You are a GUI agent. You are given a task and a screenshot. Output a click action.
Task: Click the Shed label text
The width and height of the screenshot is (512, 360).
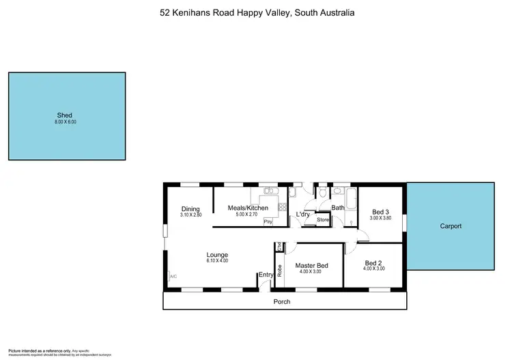pyautogui.click(x=65, y=115)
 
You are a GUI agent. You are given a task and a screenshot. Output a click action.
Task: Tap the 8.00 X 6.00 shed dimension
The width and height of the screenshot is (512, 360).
pyautogui.click(x=66, y=122)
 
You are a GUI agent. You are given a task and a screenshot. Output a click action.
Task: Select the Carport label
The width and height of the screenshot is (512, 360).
pyautogui.click(x=451, y=226)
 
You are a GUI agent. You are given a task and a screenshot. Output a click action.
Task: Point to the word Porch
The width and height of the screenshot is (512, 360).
pyautogui.click(x=282, y=301)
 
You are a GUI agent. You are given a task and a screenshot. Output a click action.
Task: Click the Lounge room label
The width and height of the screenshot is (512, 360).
pyautogui.click(x=217, y=254)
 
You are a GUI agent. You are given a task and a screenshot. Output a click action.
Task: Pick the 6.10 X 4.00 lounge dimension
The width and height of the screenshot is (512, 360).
pyautogui.click(x=217, y=260)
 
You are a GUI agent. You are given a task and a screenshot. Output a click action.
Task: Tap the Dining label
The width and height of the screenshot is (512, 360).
pyautogui.click(x=190, y=208)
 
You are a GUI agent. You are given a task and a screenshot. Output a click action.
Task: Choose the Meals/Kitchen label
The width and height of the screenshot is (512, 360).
pyautogui.click(x=248, y=208)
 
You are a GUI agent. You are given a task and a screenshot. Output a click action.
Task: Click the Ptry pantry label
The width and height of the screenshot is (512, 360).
pyautogui.click(x=268, y=222)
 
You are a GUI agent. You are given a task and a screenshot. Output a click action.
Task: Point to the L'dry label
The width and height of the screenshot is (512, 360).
pyautogui.click(x=302, y=214)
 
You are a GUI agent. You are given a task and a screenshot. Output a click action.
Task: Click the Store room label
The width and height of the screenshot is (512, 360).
pyautogui.click(x=323, y=220)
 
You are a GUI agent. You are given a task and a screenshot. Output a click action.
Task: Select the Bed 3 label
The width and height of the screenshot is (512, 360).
pyautogui.click(x=380, y=211)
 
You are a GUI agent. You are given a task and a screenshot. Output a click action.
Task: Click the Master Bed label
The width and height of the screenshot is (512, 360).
pyautogui.click(x=311, y=265)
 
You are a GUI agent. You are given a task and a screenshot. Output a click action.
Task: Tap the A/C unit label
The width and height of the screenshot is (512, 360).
pyautogui.click(x=173, y=277)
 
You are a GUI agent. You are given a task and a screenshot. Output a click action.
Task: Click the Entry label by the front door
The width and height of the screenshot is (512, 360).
pyautogui.click(x=266, y=275)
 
